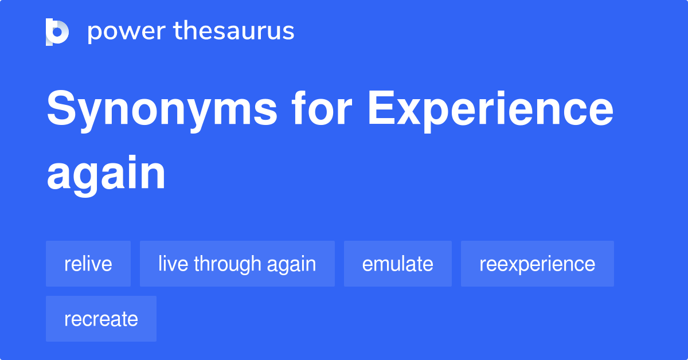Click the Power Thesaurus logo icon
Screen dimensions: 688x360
point(57,32)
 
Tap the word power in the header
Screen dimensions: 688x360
point(127,32)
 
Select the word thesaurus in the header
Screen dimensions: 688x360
point(234,30)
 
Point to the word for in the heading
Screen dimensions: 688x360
point(322,108)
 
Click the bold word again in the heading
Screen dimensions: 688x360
point(106,175)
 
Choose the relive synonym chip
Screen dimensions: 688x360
point(88,264)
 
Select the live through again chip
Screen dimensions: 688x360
point(237,264)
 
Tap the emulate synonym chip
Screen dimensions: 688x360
point(398,264)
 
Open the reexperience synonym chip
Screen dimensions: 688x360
point(538,264)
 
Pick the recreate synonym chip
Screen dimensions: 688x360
point(101,319)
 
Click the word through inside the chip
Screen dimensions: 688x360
point(227,264)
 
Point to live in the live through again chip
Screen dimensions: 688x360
point(173,263)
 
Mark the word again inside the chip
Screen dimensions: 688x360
point(291,265)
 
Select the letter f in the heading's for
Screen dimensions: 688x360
point(300,108)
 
